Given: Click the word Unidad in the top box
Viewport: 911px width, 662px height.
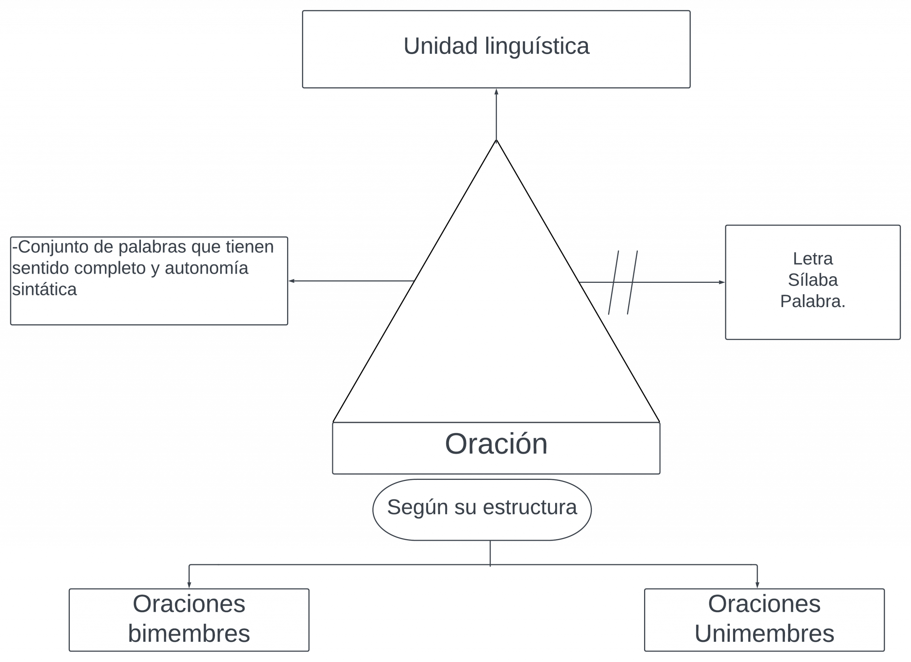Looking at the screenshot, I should [440, 46].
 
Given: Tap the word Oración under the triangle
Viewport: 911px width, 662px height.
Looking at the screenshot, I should [496, 444].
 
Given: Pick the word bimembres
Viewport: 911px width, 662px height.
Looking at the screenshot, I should [189, 634].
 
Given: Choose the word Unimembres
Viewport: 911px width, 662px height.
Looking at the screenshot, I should [764, 634].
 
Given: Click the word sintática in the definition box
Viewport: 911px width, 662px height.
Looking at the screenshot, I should [44, 289].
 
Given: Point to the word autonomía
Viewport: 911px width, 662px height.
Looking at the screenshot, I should [206, 268].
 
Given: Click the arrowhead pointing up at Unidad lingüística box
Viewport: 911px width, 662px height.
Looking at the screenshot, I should [496, 92].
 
